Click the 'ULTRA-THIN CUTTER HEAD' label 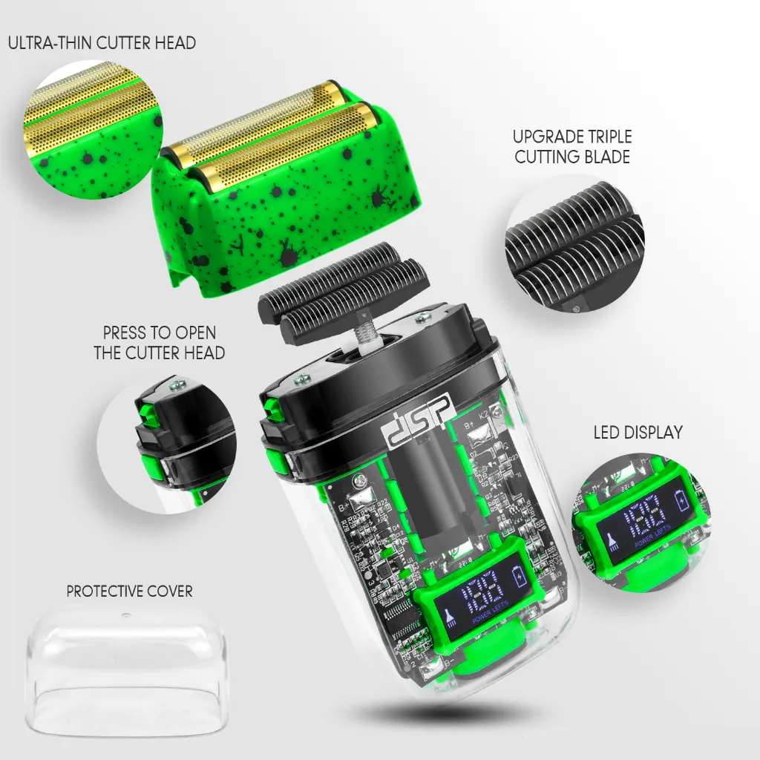point(102,42)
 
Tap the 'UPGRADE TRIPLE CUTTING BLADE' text point(572,147)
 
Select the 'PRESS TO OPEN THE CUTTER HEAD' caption point(160,343)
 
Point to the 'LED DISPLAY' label point(638,433)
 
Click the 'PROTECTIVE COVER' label point(129,592)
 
